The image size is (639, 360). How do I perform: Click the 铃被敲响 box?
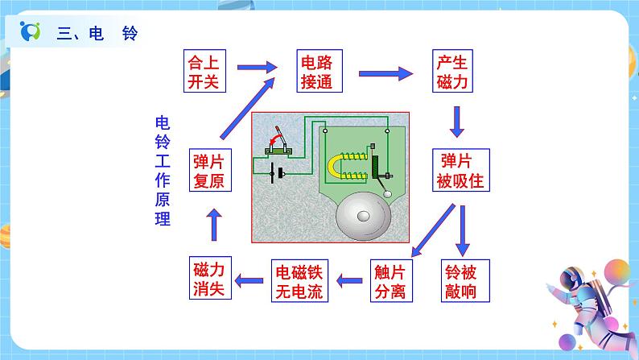point(465,279)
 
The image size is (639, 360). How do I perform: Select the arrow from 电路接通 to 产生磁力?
point(382,72)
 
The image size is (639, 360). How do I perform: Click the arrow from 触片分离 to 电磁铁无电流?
point(349,280)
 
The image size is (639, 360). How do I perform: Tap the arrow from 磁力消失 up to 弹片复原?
point(213,226)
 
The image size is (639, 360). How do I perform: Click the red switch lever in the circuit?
point(277,134)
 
